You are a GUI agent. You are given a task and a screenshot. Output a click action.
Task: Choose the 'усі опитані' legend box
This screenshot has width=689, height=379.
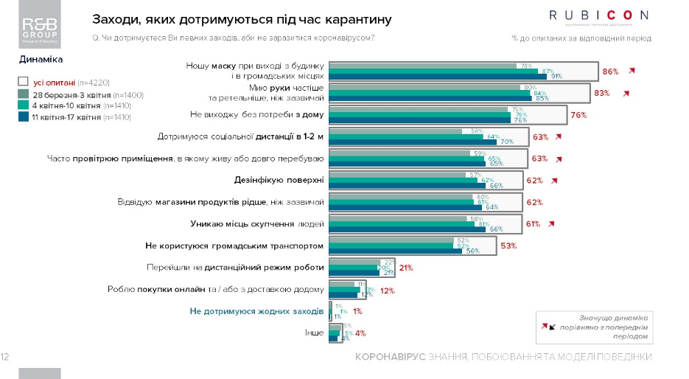tap(23, 84)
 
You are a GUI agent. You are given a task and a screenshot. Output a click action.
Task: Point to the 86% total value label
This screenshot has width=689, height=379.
tap(610, 72)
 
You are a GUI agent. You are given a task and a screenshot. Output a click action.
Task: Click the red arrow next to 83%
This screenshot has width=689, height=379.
tap(626, 94)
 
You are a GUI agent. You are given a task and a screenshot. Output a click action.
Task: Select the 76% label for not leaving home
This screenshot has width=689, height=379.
tap(578, 115)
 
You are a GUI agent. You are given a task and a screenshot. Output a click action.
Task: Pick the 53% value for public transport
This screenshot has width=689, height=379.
tap(508, 246)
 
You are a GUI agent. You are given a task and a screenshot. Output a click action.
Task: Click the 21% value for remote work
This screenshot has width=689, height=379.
tap(405, 268)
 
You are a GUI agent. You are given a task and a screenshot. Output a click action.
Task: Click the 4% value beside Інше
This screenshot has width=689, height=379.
tap(360, 333)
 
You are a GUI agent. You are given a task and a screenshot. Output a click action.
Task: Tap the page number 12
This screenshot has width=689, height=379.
tap(5, 358)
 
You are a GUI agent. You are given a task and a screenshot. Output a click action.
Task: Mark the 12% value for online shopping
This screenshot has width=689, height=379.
tap(388, 291)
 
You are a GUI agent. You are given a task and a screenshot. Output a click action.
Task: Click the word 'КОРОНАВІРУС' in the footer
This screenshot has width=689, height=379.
tap(390, 358)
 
